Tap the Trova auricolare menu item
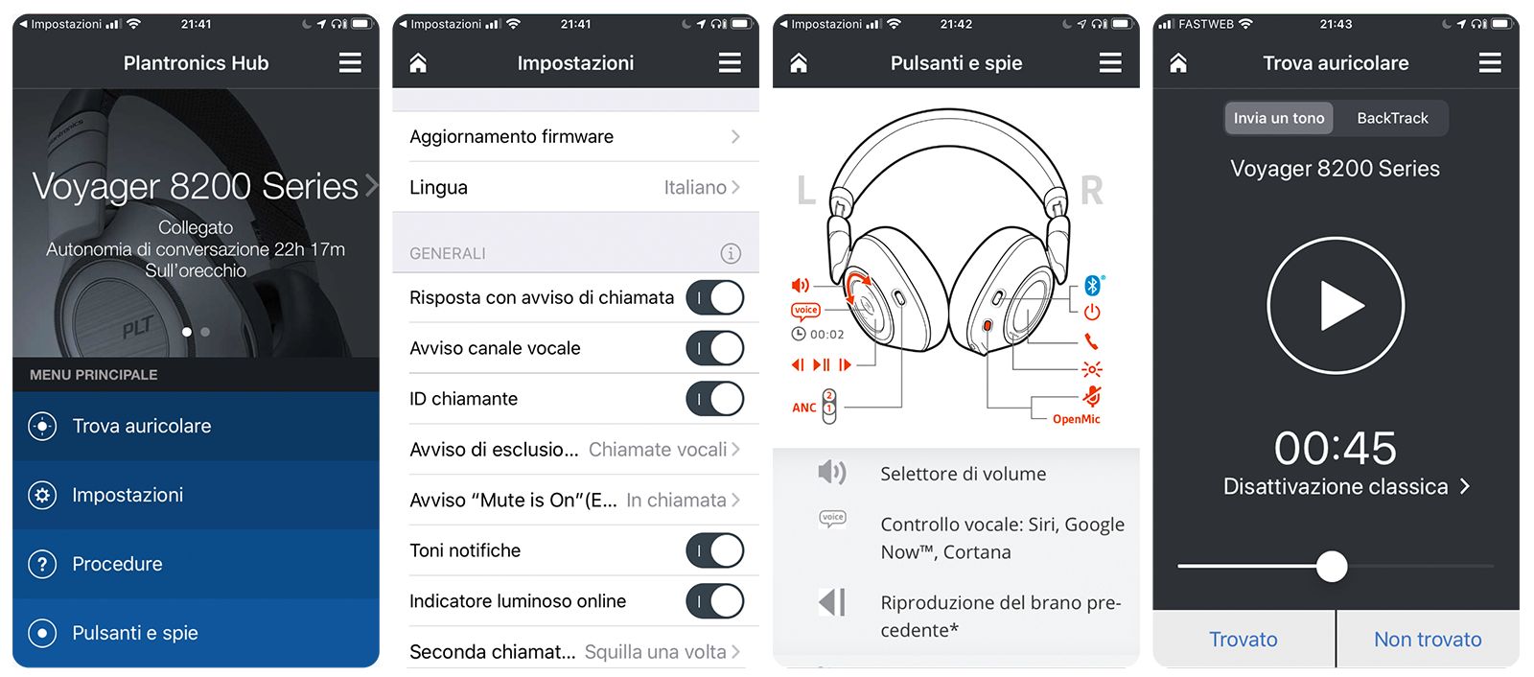196,426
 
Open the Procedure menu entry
196,564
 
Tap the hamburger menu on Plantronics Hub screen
350,63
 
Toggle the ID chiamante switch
715,399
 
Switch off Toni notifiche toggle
715,550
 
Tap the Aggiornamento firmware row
575,136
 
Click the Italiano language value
694,187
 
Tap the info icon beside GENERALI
731,253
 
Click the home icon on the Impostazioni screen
418,63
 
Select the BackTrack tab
1392,118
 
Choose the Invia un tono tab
1279,118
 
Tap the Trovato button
1243,639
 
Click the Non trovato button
1428,639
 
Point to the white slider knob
1332,567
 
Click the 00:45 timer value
1335,448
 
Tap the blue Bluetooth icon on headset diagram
1093,285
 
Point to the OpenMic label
1076,419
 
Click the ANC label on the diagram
804,408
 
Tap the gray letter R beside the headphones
1092,190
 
